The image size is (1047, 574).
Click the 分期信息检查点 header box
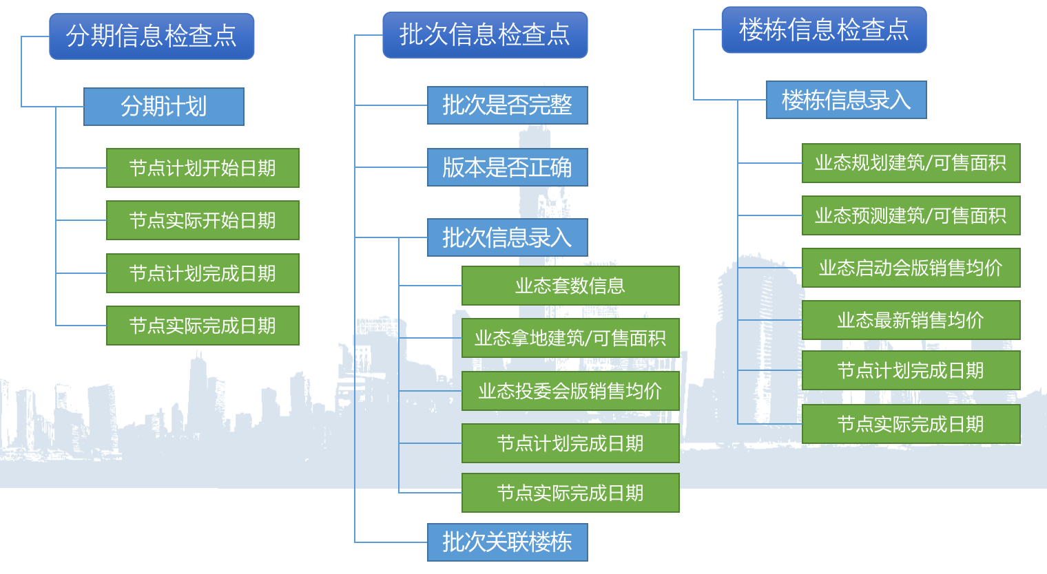click(152, 36)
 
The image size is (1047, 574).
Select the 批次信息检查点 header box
click(485, 34)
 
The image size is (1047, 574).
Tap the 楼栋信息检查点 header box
click(824, 30)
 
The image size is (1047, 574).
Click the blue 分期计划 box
click(164, 107)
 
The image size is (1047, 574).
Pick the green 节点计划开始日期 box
click(203, 168)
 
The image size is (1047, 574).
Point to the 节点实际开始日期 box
click(203, 220)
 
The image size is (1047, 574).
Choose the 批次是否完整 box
click(507, 105)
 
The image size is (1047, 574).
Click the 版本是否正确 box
click(507, 167)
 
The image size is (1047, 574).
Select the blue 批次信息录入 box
click(507, 237)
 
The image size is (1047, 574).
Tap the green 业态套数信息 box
click(570, 286)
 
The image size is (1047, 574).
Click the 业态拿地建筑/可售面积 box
click(570, 338)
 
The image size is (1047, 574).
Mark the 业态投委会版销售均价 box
click(570, 391)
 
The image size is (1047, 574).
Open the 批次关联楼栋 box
click(507, 542)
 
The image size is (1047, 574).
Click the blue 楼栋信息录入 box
click(846, 100)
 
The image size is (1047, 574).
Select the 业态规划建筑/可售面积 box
click(911, 163)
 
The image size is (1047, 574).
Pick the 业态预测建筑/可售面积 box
click(911, 215)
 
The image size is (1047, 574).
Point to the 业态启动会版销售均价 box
click(911, 268)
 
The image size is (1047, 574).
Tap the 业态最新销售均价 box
click(911, 320)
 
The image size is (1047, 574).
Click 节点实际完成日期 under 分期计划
click(203, 326)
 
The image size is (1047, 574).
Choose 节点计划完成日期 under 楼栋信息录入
click(911, 370)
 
